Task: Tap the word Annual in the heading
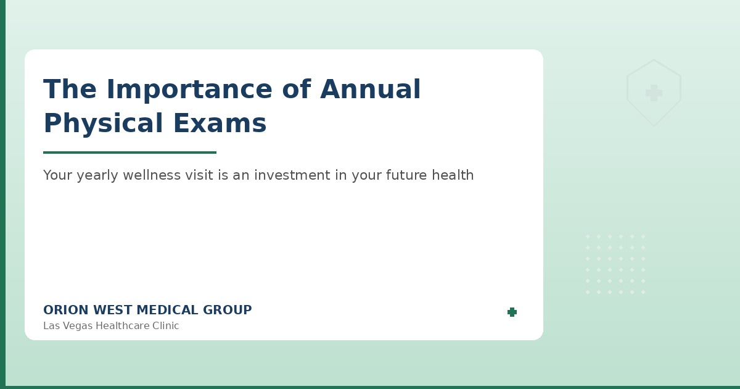370,90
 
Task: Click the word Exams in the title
220,124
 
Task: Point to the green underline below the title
129,153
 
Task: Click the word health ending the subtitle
453,175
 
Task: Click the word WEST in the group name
110,311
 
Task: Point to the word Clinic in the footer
165,326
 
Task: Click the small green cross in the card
512,312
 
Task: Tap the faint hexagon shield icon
654,93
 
